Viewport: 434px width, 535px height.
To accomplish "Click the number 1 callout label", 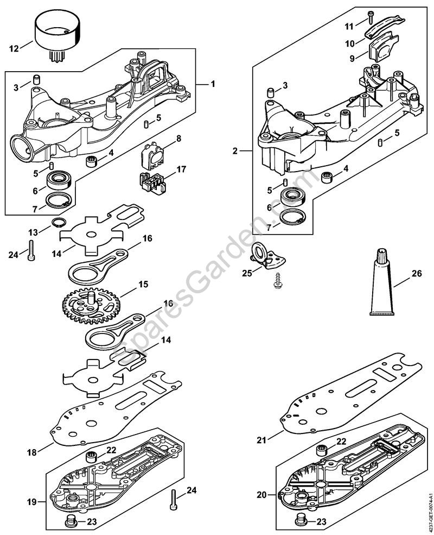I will [213, 84].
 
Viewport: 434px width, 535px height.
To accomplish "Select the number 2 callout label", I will [235, 151].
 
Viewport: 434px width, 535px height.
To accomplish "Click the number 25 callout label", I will [247, 273].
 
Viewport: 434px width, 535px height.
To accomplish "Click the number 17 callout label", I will [181, 169].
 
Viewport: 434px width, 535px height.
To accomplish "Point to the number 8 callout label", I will [178, 140].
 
